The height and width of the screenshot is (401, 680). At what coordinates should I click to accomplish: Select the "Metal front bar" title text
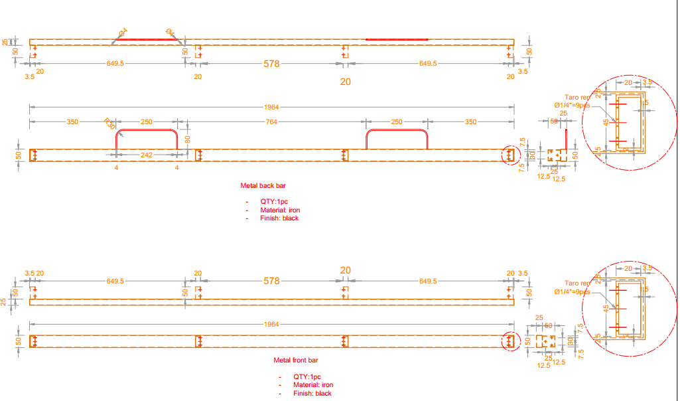tap(296, 361)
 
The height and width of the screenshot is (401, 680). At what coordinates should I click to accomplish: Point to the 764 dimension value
tap(271, 121)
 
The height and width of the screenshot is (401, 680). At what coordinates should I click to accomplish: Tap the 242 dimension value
tap(147, 155)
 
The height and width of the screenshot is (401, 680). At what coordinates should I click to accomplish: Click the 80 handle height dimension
tap(188, 139)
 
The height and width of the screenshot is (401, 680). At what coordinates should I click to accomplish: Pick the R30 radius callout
tap(109, 123)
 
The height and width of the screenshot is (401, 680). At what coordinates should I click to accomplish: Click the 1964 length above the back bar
tap(271, 107)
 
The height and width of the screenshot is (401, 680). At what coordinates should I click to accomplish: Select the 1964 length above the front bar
tap(271, 324)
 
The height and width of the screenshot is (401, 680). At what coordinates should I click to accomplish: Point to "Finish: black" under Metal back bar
tap(282, 218)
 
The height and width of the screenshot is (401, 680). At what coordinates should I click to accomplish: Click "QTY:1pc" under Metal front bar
tap(307, 376)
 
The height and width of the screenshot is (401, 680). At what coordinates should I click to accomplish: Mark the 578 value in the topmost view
tap(271, 64)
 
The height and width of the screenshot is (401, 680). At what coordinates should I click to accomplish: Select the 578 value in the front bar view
tap(271, 281)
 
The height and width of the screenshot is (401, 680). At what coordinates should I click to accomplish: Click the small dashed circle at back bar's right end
tap(510, 155)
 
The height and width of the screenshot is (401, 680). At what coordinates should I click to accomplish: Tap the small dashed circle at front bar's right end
tap(510, 341)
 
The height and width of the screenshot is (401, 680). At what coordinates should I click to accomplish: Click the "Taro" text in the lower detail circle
tap(571, 283)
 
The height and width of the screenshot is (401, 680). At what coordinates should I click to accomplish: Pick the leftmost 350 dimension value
tap(72, 121)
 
